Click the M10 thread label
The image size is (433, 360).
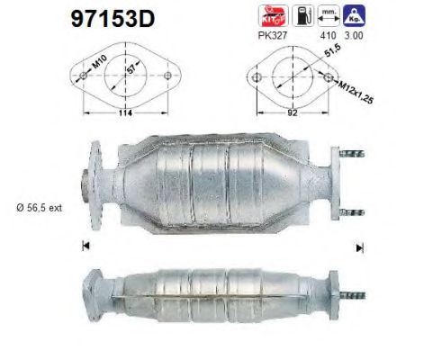pos(96,67)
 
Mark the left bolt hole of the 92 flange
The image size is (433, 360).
pos(256,80)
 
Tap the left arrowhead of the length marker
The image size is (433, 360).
pos(86,246)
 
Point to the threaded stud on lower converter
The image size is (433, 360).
pos(357,294)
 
